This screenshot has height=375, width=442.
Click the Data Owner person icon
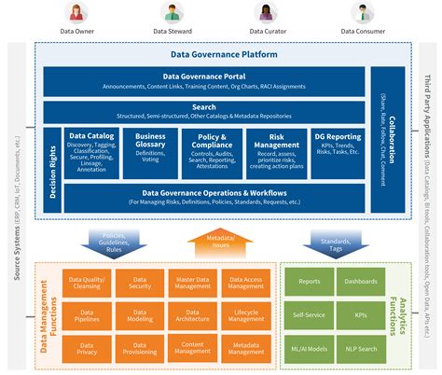pos(77,13)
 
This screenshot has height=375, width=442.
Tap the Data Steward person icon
pos(173,13)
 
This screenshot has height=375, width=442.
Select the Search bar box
pos(204,112)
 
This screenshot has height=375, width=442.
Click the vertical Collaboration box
pos(382,140)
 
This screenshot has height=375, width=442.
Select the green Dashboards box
pos(361,281)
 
